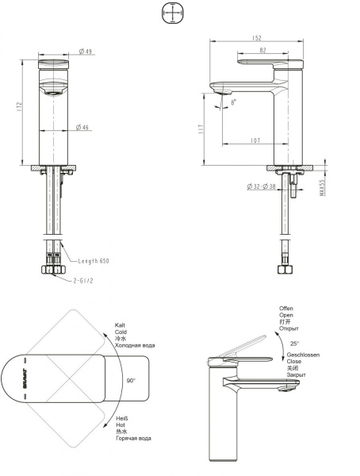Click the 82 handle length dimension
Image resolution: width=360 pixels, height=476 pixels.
[x=262, y=50]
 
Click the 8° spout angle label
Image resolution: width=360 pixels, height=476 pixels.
[x=233, y=102]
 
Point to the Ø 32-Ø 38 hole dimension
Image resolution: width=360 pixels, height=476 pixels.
[x=263, y=186]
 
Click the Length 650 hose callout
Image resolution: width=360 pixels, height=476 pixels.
[x=94, y=260]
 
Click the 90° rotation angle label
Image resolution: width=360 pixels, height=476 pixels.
[x=129, y=381]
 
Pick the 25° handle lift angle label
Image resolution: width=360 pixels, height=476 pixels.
[x=294, y=344]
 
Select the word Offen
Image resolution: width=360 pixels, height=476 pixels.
[x=286, y=308]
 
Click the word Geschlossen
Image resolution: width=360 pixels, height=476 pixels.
[x=303, y=355]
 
